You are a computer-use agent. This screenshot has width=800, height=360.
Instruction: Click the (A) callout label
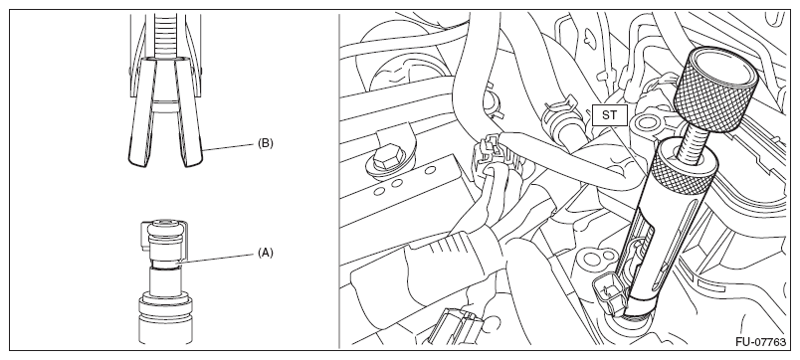pos(266,253)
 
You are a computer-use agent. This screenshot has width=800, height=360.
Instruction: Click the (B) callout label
pos(266,143)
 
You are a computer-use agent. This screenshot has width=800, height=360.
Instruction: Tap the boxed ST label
pos(609,115)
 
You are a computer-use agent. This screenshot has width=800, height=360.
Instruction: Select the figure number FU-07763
pos(761,342)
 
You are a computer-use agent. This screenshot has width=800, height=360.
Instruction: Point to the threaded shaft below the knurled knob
pos(693,136)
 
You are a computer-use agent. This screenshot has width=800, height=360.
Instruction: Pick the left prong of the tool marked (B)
pos(142,112)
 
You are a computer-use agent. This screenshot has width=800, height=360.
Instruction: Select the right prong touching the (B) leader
pos(190,112)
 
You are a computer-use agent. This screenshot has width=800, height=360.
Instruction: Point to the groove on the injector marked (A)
pos(166,264)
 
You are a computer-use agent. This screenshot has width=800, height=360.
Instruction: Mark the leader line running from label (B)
pos(230,146)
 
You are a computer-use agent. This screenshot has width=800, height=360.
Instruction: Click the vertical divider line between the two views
pos(338,181)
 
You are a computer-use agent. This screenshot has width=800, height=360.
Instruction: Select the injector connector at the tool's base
pos(610,296)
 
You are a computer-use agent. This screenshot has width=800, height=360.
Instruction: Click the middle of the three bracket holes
pos(396,183)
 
